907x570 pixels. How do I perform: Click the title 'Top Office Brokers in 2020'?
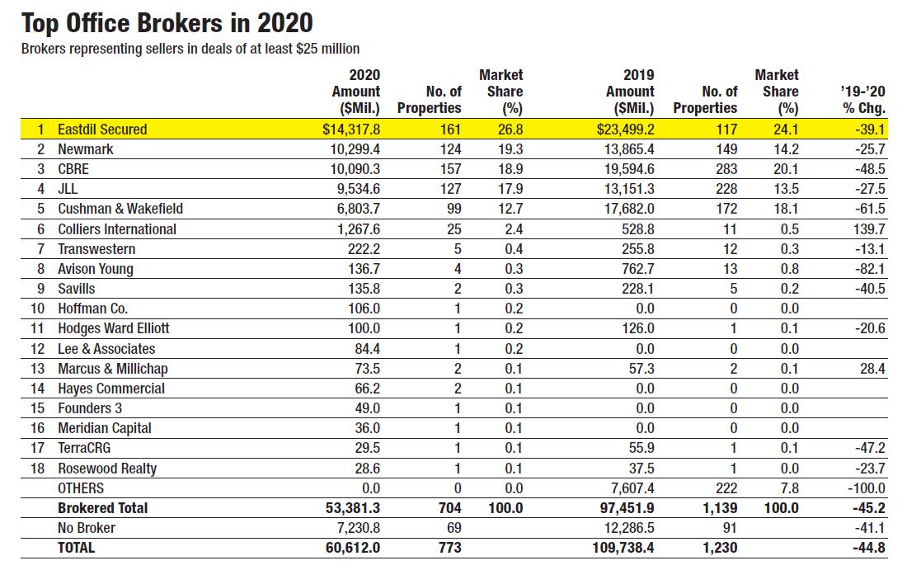(x=167, y=24)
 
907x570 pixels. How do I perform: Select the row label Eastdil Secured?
(x=102, y=129)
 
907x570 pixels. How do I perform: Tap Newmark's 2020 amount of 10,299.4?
(x=355, y=149)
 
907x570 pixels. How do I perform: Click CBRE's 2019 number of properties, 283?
(x=726, y=169)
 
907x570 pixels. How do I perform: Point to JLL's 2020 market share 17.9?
(x=510, y=189)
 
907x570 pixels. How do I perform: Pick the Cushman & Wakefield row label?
(x=120, y=209)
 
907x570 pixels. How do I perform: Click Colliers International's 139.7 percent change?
(x=869, y=229)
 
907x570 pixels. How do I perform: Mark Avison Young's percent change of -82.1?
(x=870, y=269)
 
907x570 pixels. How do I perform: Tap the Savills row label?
(x=77, y=289)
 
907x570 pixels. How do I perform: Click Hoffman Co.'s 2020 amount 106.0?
(x=364, y=309)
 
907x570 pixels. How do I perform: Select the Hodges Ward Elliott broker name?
(x=114, y=328)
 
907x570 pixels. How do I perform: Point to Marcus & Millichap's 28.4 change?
(x=872, y=369)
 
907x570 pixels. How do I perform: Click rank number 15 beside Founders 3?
(x=38, y=408)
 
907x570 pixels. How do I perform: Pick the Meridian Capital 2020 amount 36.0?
(x=367, y=428)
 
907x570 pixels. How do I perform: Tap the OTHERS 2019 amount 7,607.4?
(x=632, y=488)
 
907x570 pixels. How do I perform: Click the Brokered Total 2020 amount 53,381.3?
(x=353, y=508)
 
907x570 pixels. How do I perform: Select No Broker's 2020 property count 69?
(x=454, y=528)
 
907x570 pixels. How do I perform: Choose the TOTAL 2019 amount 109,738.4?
(x=623, y=548)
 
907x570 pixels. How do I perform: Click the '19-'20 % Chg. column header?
(x=863, y=100)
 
